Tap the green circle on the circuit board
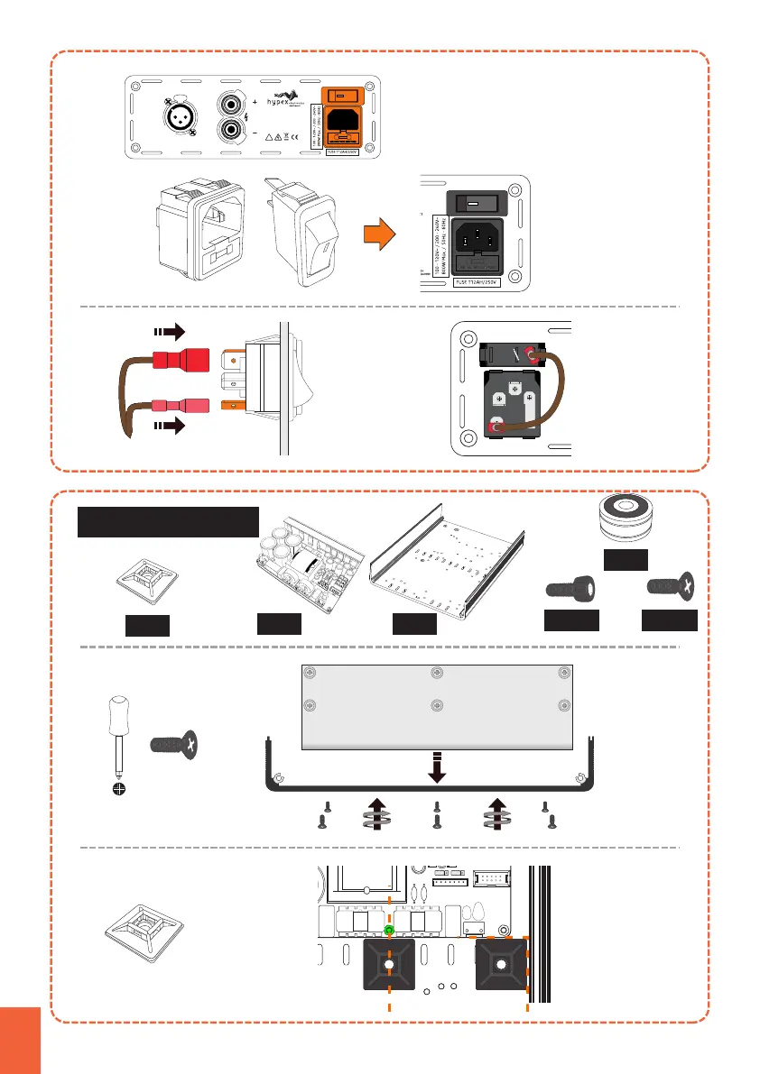pyautogui.click(x=389, y=929)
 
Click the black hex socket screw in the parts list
pyautogui.click(x=571, y=592)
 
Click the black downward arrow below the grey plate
pyautogui.click(x=436, y=767)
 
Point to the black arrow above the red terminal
pyautogui.click(x=171, y=331)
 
